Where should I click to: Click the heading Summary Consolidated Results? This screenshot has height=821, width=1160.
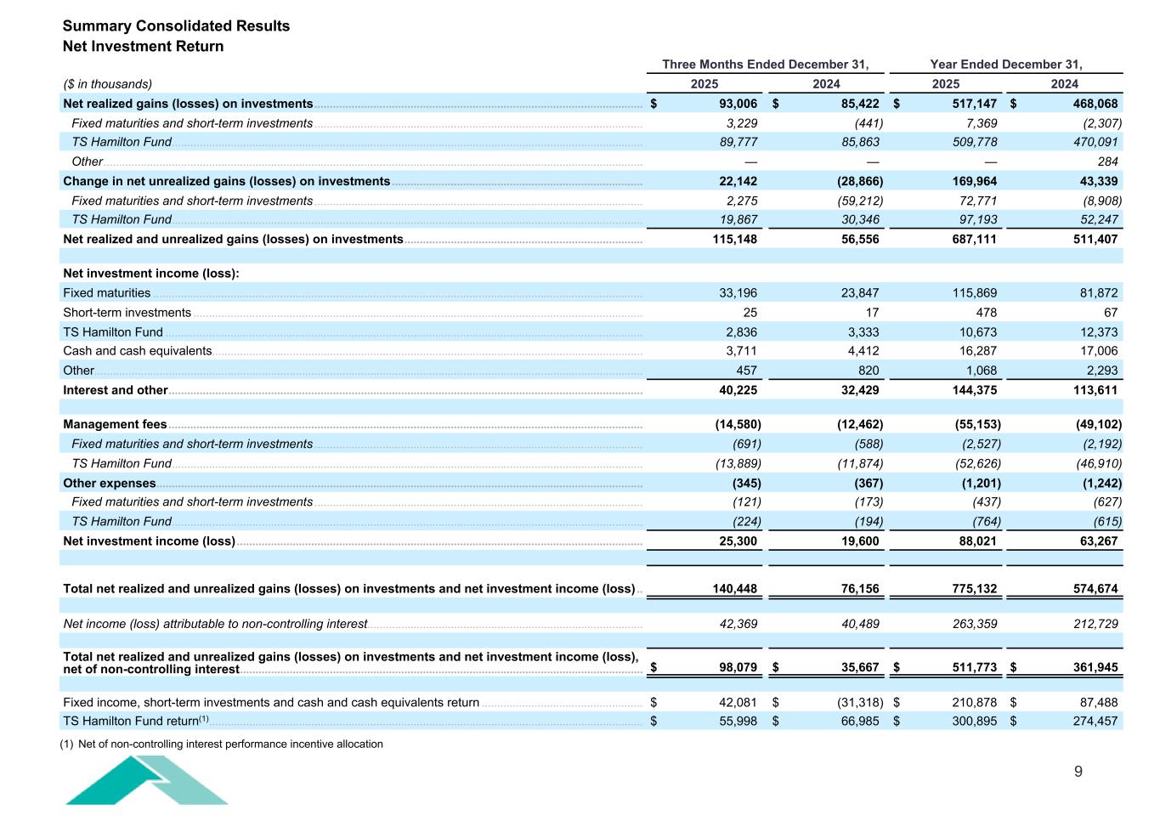pyautogui.click(x=176, y=25)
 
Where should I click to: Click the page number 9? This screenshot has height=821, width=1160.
pyautogui.click(x=1078, y=772)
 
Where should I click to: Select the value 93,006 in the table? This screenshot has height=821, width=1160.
pyautogui.click(x=733, y=104)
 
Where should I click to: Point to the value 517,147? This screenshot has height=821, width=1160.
pyautogui.click(x=973, y=104)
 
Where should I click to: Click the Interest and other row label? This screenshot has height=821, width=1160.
pyautogui.click(x=115, y=390)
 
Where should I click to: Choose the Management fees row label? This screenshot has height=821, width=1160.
pyautogui.click(x=115, y=424)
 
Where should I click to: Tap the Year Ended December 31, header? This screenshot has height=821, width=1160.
pyautogui.click(x=1006, y=65)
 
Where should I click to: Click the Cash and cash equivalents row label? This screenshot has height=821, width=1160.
pyautogui.click(x=137, y=351)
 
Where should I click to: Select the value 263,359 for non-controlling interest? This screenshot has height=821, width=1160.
pyautogui.click(x=973, y=624)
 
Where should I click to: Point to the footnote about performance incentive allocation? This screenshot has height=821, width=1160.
pyautogui.click(x=222, y=745)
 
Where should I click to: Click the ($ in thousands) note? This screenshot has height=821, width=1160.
pyautogui.click(x=108, y=84)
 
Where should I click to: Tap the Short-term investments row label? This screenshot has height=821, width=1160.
pyautogui.click(x=127, y=313)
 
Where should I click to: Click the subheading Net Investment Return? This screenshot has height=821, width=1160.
pyautogui.click(x=143, y=47)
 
